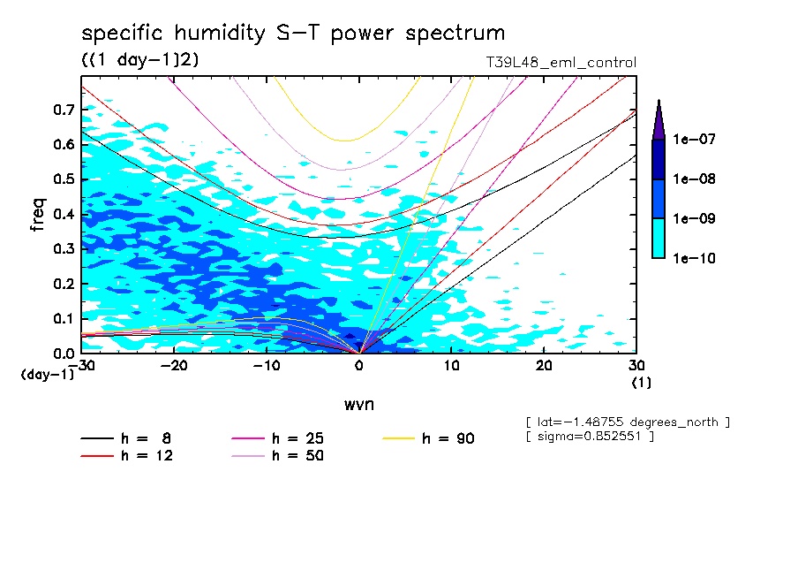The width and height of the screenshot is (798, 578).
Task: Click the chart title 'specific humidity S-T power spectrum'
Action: pos(293,34)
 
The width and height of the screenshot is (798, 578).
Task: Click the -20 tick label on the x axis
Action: pos(173,366)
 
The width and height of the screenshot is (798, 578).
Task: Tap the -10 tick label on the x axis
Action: pos(266,366)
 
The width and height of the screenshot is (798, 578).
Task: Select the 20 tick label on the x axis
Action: pos(544,366)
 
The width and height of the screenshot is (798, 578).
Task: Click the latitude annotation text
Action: pos(627,422)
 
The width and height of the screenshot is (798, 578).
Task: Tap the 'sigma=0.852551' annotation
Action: pos(589,437)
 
